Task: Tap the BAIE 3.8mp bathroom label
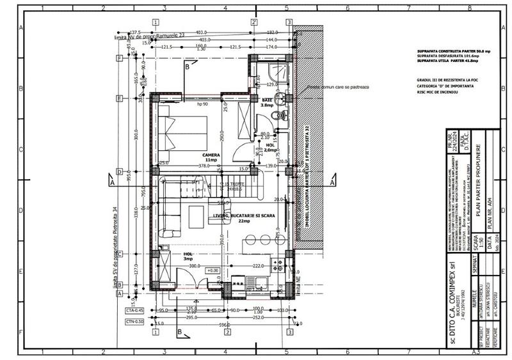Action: (268, 103)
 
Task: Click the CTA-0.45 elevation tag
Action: (133, 309)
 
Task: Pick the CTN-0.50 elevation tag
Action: (133, 322)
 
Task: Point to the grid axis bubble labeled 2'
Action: (255, 22)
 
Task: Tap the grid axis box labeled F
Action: (119, 58)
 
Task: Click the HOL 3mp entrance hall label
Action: (188, 256)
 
